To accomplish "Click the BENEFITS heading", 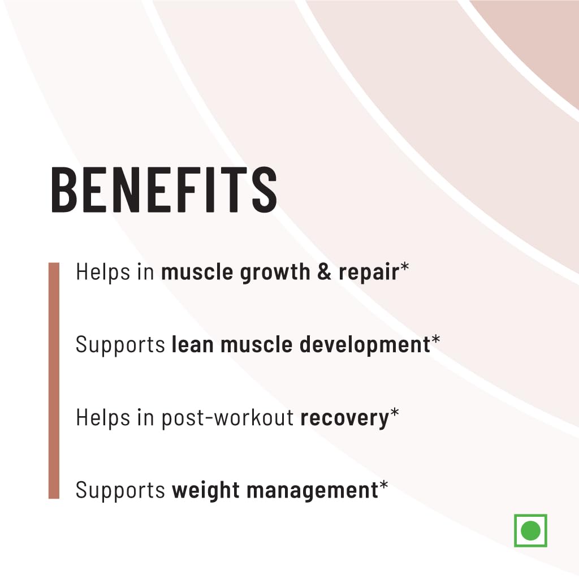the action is point(164,189).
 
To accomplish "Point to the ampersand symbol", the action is point(324,272).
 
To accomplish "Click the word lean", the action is point(193,344).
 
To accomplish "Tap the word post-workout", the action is point(227,418).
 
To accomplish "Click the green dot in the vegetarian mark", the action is point(530,530).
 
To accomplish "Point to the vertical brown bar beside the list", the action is point(54,381).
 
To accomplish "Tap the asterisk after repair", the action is point(404,267).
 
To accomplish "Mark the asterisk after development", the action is point(435,340).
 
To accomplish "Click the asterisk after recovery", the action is point(394,412).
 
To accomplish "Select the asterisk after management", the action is point(384,485).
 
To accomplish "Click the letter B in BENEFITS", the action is point(64,189).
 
